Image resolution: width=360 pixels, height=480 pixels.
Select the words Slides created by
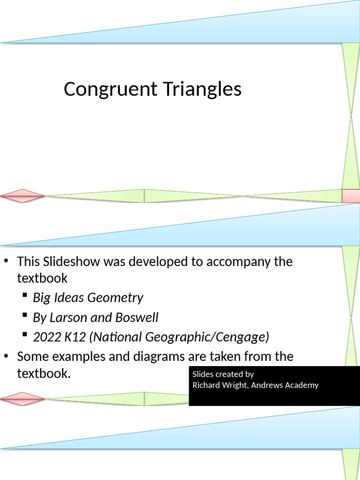point(223,374)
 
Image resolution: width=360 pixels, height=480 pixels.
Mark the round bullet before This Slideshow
point(7,261)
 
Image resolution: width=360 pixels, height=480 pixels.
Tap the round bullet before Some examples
point(7,356)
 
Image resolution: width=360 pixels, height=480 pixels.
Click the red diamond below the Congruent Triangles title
point(22,196)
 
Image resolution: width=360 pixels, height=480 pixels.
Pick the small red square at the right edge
point(351,196)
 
